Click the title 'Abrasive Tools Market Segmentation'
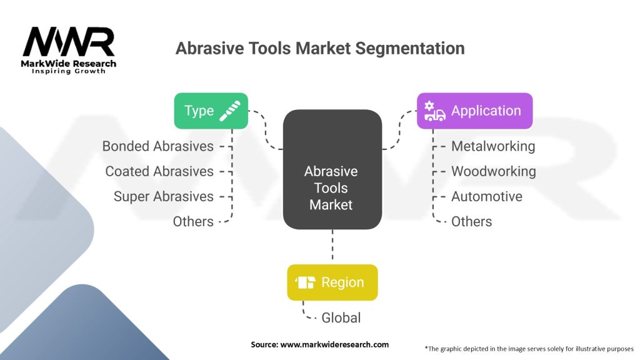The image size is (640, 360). [x=320, y=48]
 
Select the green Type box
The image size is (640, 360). [x=211, y=111]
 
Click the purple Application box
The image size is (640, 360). [x=475, y=111]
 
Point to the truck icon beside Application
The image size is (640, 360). [x=434, y=111]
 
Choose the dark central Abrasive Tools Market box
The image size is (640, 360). [x=332, y=169]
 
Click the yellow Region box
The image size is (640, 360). [x=332, y=282]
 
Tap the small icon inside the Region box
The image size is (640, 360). [x=306, y=282]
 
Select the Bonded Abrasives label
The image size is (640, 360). [x=158, y=146]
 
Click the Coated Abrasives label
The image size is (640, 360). [x=159, y=171]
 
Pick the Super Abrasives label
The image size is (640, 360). [x=163, y=196]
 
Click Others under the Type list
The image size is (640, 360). [x=193, y=221]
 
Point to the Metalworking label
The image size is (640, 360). [x=493, y=146]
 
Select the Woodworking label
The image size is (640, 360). [x=493, y=171]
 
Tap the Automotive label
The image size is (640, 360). [x=486, y=196]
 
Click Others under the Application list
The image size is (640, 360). [x=471, y=221]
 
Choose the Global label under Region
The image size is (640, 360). [x=341, y=317]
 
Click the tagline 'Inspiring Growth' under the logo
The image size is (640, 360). [x=69, y=71]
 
